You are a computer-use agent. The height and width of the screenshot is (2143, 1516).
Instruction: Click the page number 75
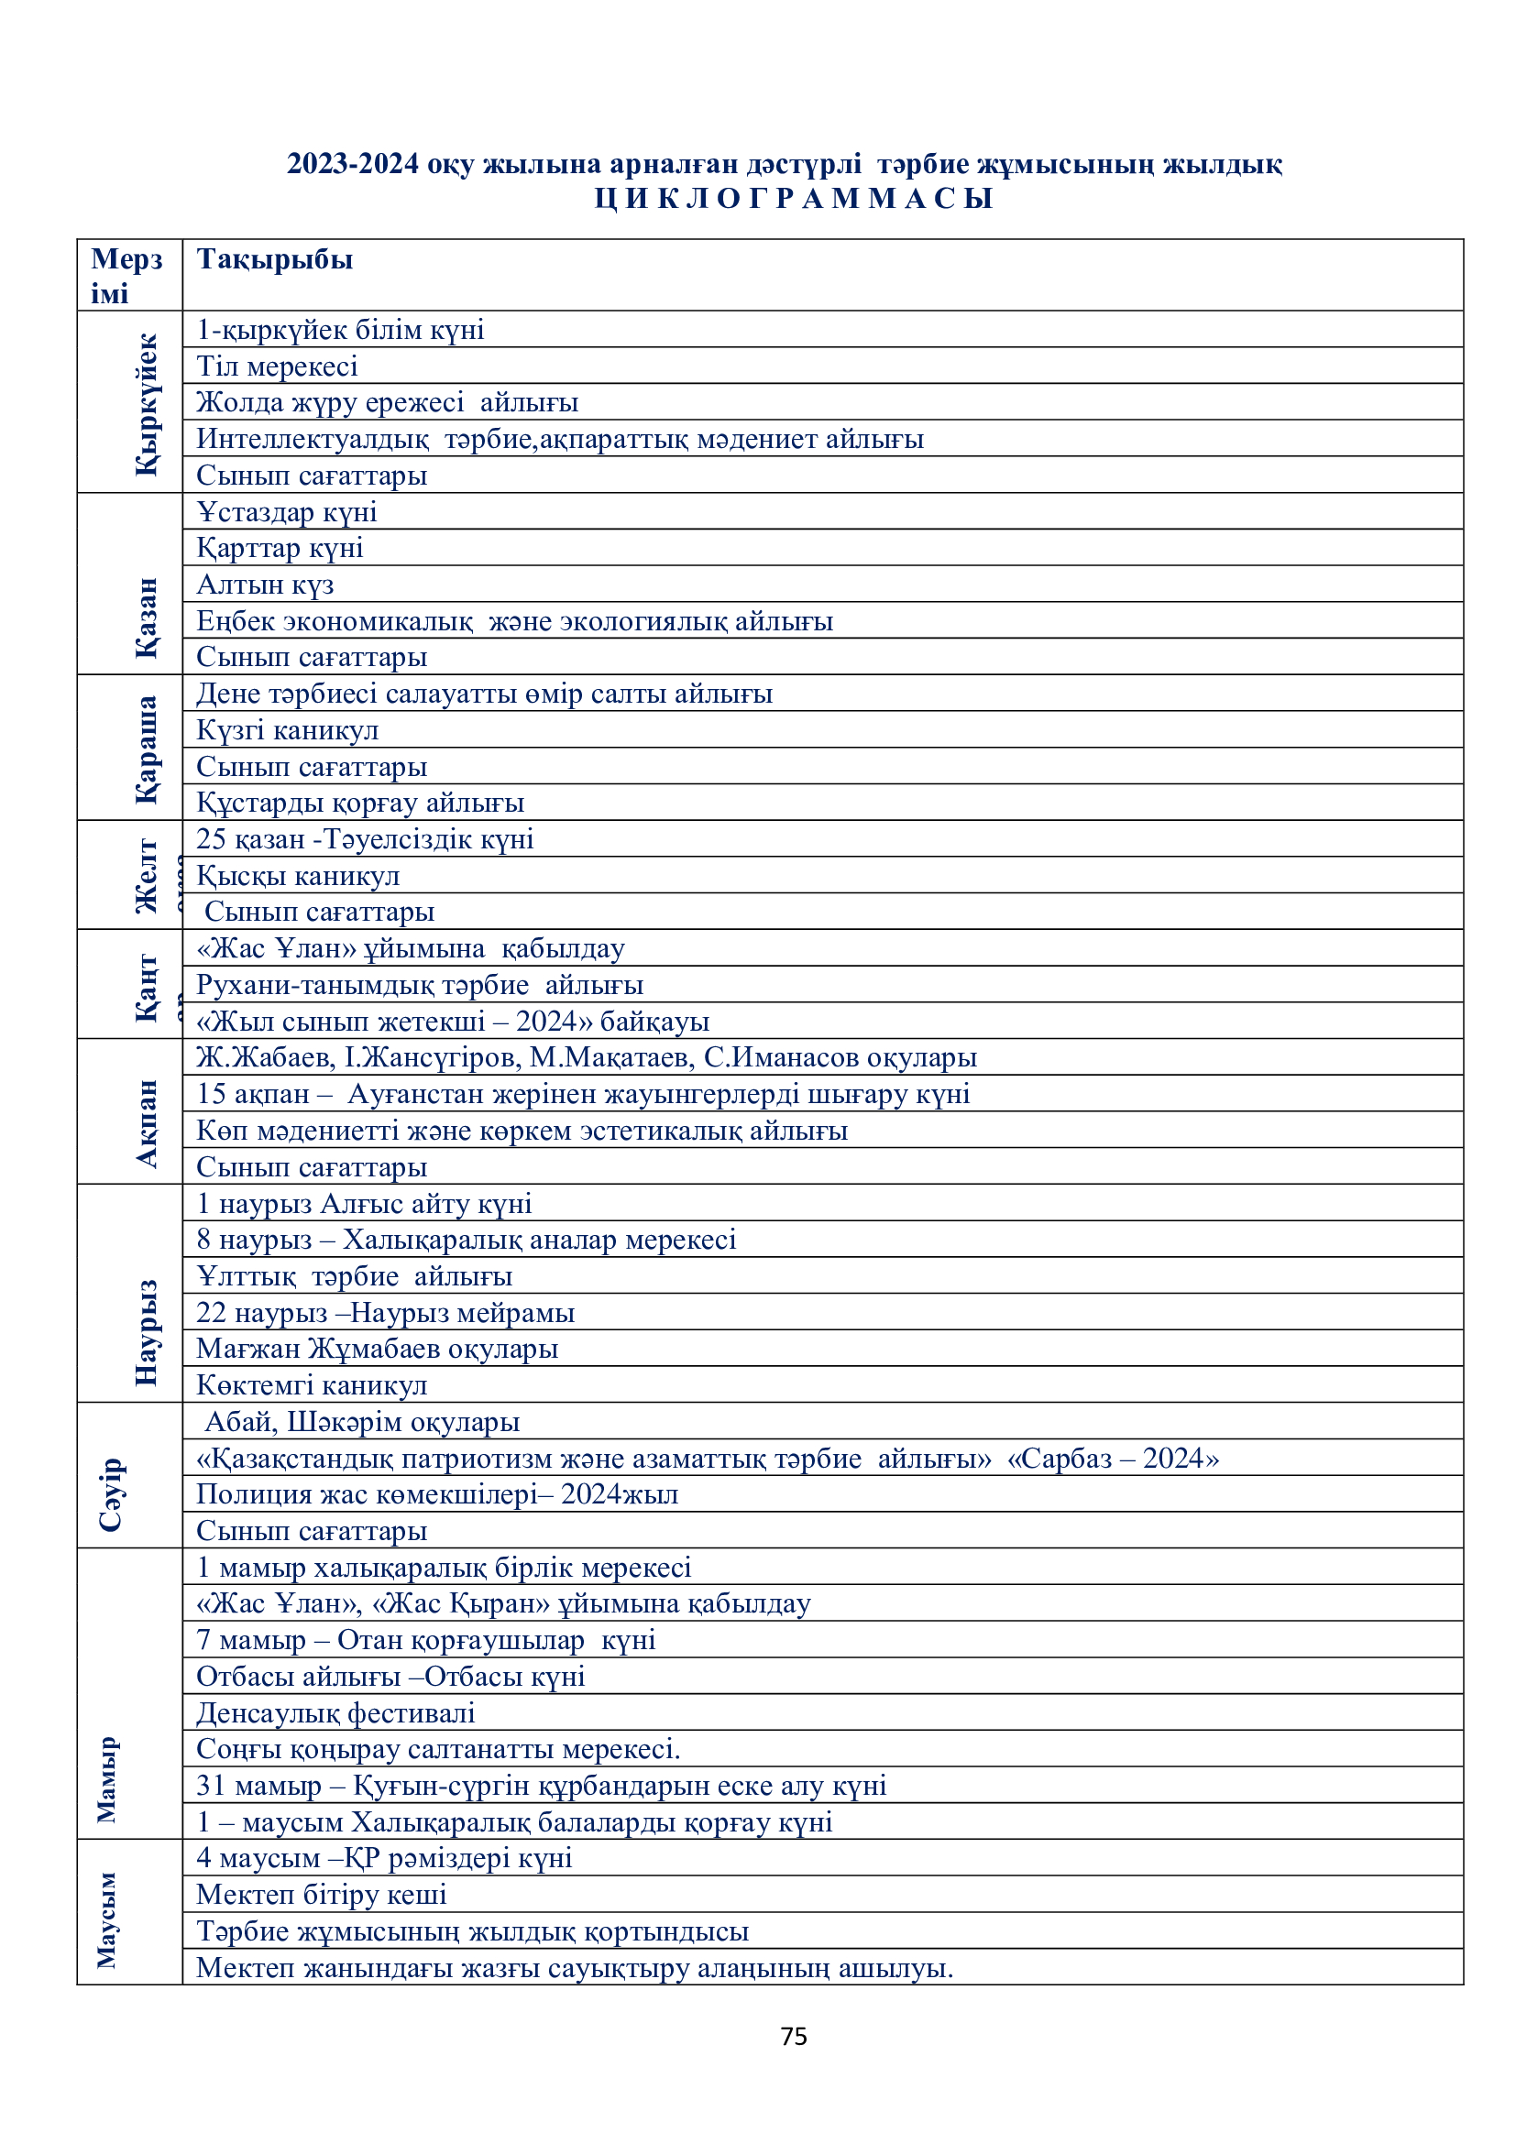[x=794, y=2036]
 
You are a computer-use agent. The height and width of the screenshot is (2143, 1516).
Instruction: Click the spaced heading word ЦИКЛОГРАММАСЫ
[x=794, y=198]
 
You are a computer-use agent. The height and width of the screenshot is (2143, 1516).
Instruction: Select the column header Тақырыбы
[x=274, y=259]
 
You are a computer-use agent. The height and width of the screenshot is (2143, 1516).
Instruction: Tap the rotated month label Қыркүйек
[x=147, y=403]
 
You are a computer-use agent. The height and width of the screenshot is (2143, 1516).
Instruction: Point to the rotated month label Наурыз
[x=147, y=1332]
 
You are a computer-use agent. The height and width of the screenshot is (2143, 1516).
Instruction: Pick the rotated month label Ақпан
[x=147, y=1123]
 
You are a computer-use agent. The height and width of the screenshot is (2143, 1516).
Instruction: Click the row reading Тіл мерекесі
[x=277, y=366]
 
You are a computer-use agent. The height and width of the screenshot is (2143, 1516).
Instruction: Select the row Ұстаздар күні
[x=287, y=511]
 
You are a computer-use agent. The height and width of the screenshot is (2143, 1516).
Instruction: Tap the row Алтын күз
[x=265, y=585]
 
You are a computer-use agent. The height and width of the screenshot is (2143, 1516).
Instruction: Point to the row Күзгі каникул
[x=288, y=730]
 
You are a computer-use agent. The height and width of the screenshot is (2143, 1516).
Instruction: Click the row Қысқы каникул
[x=298, y=876]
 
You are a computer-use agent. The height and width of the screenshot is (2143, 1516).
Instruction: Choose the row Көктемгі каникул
[x=312, y=1385]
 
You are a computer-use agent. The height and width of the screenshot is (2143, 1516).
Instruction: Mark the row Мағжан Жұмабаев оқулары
[x=377, y=1349]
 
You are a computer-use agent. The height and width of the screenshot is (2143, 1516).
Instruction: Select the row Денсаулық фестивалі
[x=336, y=1712]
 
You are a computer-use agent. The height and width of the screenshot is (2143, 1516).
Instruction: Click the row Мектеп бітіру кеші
[x=321, y=1895]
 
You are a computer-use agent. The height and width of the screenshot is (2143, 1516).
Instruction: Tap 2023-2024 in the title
[x=353, y=164]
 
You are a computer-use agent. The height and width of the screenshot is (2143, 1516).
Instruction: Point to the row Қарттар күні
[x=280, y=548]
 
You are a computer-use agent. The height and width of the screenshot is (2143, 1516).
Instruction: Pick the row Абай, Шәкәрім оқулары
[x=362, y=1422]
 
